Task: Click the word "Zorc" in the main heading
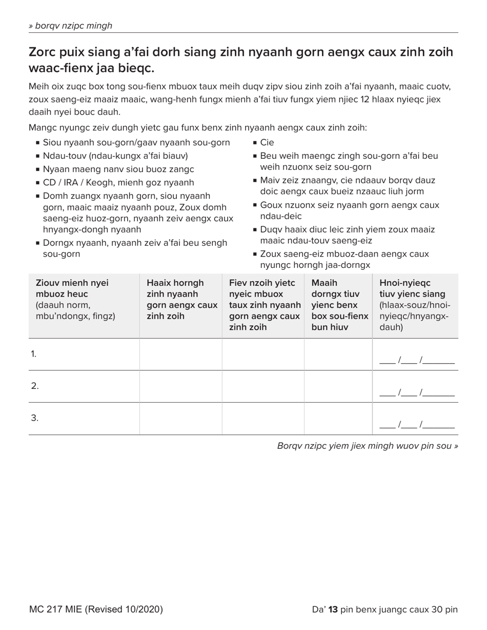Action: point(44,52)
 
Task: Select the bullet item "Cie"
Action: point(267,142)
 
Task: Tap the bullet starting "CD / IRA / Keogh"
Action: point(118,182)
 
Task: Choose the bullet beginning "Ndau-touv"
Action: point(115,156)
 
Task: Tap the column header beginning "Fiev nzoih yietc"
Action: point(264,305)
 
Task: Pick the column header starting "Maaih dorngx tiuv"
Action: point(339,305)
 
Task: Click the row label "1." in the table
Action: point(34,354)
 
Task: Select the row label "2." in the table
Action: point(34,386)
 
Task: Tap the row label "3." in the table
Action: point(34,418)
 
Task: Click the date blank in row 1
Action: point(416,361)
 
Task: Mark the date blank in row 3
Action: point(416,425)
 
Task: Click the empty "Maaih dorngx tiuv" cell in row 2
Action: point(338,386)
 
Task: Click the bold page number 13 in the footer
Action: point(333,609)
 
